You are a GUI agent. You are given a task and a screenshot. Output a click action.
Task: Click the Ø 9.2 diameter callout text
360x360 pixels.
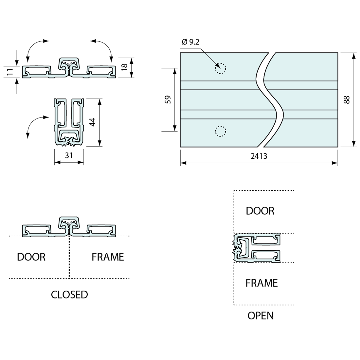(x=190, y=42)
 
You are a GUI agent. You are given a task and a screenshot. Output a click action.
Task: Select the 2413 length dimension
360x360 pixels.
(x=259, y=156)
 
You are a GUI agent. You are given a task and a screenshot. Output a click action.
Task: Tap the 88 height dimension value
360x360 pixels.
(x=347, y=99)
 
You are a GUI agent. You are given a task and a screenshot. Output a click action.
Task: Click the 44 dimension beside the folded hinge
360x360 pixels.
(x=93, y=122)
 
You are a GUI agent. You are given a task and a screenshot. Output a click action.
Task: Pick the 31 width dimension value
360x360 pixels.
(x=69, y=155)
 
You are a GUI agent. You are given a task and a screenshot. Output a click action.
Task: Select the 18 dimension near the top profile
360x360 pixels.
(x=124, y=67)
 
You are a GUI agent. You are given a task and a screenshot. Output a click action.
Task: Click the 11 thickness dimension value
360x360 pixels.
(x=10, y=72)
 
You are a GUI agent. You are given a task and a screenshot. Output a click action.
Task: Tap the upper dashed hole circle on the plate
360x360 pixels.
(x=220, y=68)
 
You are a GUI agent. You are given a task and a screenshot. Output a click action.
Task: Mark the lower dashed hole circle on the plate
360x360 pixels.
(x=220, y=131)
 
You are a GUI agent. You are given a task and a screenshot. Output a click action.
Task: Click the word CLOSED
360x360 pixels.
(x=69, y=295)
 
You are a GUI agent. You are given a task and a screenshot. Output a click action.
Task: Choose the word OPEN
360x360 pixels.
(x=261, y=315)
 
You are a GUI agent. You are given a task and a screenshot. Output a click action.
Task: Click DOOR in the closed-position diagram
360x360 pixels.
(x=31, y=257)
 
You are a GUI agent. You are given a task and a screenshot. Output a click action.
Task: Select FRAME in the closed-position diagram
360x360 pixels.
(x=108, y=257)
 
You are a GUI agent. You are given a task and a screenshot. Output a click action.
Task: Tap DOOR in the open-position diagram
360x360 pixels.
(x=260, y=211)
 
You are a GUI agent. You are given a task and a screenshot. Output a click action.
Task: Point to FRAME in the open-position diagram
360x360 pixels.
(x=261, y=283)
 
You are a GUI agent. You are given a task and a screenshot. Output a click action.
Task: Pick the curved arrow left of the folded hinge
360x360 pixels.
(x=33, y=124)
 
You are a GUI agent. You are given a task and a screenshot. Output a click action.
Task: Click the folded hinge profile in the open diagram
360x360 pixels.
(x=257, y=248)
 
